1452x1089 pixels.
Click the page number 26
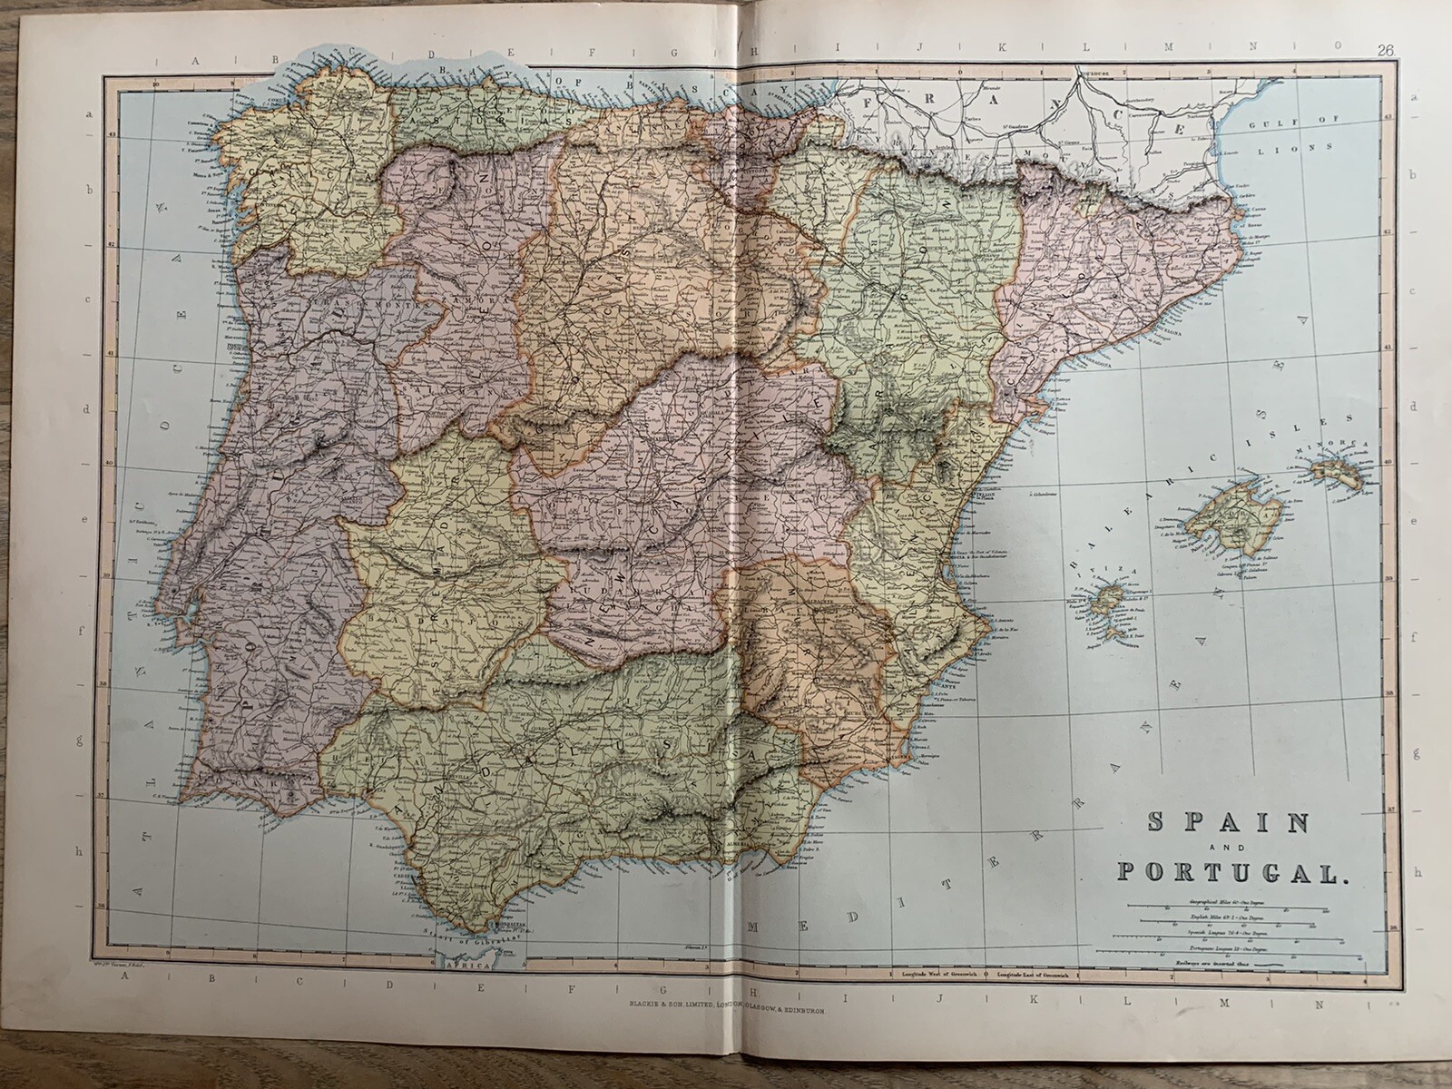[x=1385, y=51]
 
